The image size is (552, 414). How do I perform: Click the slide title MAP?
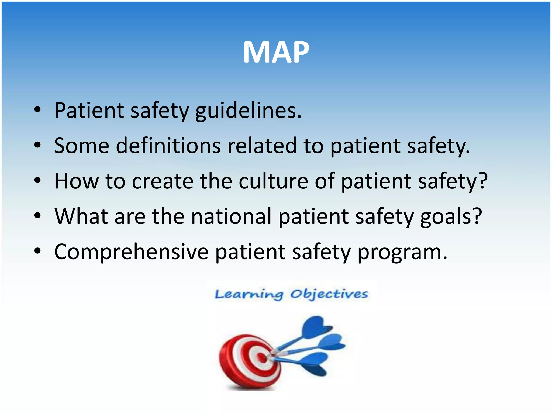tap(276, 52)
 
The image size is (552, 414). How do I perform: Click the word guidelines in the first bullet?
tap(248, 111)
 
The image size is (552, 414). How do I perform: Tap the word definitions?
tap(168, 146)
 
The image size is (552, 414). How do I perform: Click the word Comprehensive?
tap(131, 252)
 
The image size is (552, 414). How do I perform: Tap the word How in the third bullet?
tap(77, 181)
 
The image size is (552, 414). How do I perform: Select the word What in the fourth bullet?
tap(81, 216)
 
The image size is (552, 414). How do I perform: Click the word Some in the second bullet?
tap(82, 146)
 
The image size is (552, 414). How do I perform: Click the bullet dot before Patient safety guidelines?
tap(37, 110)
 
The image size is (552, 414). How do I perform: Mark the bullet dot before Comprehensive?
tap(37, 251)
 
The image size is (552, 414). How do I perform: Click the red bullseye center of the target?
tap(262, 358)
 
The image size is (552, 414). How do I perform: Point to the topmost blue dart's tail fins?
tap(317, 327)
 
